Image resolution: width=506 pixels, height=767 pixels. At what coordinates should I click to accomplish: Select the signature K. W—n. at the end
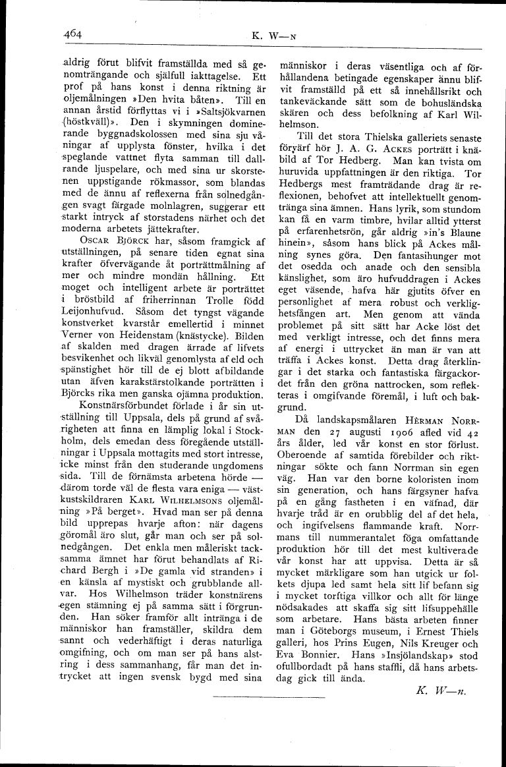click(x=441, y=689)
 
